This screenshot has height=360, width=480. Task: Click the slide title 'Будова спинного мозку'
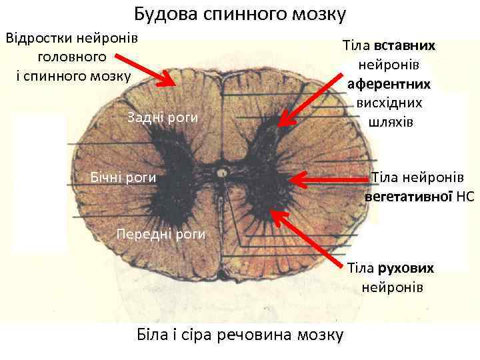[240, 13]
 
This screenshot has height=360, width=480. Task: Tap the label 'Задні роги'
[162, 118]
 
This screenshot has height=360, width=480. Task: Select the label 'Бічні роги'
[123, 177]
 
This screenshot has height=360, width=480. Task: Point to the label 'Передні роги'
[161, 234]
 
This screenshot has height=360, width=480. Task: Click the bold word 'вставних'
[405, 47]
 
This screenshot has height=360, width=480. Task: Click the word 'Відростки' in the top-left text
[39, 36]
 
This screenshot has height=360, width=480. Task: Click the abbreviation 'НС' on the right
[466, 197]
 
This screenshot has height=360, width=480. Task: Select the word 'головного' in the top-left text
[72, 55]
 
